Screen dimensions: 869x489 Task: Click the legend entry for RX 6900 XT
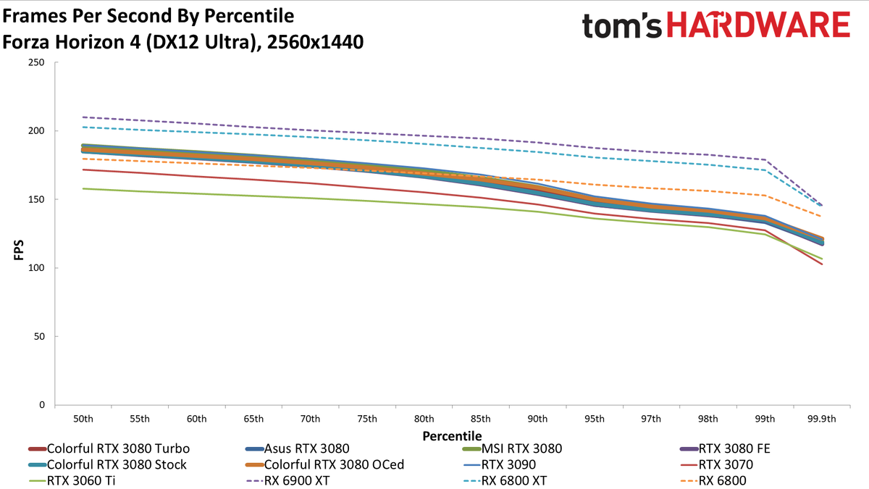pos(287,480)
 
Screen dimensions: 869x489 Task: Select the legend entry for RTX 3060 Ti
pos(72,480)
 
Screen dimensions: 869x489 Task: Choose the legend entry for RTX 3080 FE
pos(725,448)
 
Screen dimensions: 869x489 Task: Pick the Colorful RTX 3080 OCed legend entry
pos(324,464)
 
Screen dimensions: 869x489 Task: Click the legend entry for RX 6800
pos(713,480)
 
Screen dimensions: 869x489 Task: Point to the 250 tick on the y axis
pos(36,62)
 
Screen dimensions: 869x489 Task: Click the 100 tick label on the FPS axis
pos(36,268)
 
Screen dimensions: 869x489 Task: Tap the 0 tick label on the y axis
pos(42,405)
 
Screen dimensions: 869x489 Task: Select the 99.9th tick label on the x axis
pos(822,419)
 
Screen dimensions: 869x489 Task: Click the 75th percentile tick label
pos(367,419)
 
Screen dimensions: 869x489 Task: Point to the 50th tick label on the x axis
pos(83,419)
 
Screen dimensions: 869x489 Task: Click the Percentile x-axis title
pos(452,436)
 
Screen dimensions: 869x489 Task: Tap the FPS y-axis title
pos(19,250)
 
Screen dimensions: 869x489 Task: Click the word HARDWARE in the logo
pos(758,25)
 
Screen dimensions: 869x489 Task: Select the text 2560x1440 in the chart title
pos(315,42)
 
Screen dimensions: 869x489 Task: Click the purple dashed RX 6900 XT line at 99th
pos(765,159)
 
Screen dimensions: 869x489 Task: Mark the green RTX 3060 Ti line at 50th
pos(83,188)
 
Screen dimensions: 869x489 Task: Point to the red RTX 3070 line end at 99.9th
pos(822,264)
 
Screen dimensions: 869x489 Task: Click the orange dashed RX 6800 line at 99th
pos(765,195)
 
